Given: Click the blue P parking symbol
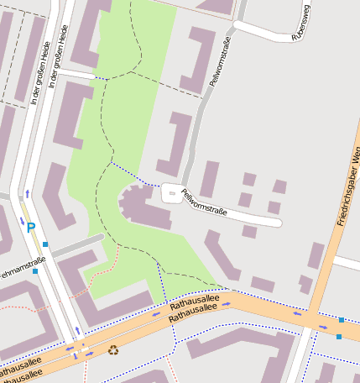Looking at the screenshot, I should click(x=31, y=227).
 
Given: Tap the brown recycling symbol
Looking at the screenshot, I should click(x=113, y=349).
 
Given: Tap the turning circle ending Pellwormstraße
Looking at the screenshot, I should click(x=172, y=192).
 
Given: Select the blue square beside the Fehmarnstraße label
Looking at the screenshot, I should click(x=35, y=271).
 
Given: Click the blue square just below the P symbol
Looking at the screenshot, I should click(x=45, y=244).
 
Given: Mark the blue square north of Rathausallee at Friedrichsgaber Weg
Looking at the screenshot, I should click(x=342, y=320).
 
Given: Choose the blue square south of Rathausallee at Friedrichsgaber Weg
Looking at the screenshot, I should click(x=338, y=337).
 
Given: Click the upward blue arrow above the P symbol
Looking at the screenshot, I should click(x=27, y=194).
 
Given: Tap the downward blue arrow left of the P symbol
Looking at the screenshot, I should click(x=21, y=221).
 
